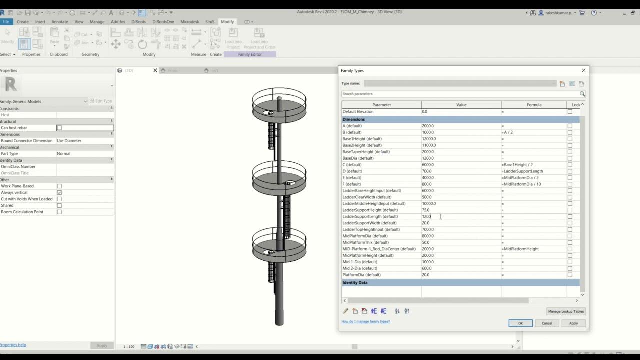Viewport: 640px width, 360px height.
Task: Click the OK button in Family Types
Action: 520,323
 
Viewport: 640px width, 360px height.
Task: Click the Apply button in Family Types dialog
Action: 573,323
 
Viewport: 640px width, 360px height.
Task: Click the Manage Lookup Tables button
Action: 566,311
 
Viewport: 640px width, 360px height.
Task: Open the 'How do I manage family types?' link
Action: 365,321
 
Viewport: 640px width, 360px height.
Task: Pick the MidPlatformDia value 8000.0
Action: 460,236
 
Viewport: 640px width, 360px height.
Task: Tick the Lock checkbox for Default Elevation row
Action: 570,112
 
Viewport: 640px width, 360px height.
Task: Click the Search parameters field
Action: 460,94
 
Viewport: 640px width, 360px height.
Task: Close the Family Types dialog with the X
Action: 583,71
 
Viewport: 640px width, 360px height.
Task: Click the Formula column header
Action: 534,105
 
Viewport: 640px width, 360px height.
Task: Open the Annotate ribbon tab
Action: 60,22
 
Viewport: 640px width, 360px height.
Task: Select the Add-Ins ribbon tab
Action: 118,22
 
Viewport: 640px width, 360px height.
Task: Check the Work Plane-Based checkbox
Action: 59,186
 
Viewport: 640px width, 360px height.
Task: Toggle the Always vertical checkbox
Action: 59,193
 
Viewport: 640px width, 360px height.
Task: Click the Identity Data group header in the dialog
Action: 355,283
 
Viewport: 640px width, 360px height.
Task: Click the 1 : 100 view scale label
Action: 129,346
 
